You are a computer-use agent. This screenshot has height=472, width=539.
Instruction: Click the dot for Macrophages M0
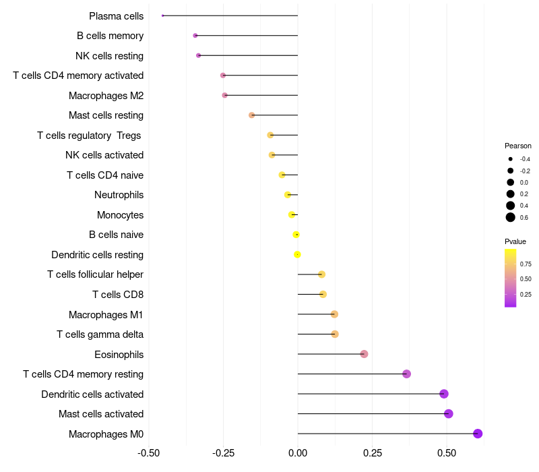478,434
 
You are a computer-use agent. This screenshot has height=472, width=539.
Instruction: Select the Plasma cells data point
162,16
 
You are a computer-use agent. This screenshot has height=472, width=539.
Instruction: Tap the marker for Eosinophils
364,354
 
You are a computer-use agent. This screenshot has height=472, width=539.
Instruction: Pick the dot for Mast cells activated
448,413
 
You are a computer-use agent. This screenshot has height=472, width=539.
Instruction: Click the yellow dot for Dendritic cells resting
297,255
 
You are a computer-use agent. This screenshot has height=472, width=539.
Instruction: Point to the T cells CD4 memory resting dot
407,374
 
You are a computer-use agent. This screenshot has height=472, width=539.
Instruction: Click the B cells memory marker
195,36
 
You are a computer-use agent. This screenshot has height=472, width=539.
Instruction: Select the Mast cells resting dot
251,115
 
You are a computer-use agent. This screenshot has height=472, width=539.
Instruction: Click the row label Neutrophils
119,195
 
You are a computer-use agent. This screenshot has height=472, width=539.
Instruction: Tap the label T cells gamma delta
100,334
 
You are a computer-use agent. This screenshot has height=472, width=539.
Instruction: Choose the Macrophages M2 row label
106,95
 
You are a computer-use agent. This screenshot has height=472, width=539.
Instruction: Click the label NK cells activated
104,155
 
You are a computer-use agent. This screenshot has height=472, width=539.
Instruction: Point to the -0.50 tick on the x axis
148,453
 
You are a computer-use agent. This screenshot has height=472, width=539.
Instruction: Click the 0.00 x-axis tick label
298,453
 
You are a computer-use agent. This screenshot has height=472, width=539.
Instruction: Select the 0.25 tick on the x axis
373,453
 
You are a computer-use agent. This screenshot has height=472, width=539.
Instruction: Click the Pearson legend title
518,146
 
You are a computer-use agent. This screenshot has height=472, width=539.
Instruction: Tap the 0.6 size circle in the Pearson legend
511,217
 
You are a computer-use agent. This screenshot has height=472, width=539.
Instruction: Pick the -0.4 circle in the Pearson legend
511,159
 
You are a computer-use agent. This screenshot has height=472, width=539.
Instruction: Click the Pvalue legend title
515,241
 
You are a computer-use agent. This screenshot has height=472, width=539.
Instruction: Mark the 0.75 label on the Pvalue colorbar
526,264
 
